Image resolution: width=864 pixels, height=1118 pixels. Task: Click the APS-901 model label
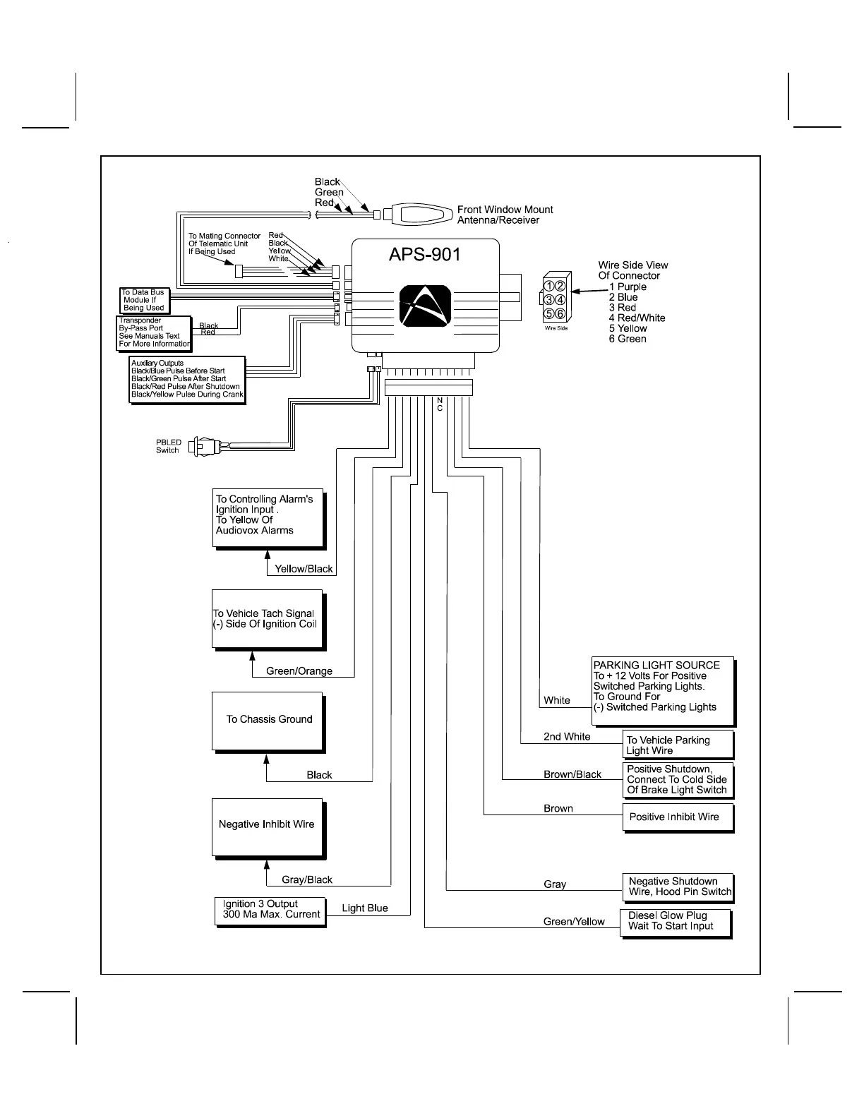tap(425, 254)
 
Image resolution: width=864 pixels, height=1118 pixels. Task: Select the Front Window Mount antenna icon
tap(421, 214)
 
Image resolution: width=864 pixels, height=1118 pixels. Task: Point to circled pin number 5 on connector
tap(549, 313)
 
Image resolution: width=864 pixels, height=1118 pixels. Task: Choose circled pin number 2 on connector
tap(560, 286)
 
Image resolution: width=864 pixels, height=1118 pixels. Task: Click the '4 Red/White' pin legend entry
tap(637, 318)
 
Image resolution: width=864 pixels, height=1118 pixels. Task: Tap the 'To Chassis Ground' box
tap(268, 720)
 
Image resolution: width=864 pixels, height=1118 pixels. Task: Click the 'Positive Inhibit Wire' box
tap(677, 817)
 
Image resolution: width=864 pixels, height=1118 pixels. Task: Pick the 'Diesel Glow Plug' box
tap(675, 922)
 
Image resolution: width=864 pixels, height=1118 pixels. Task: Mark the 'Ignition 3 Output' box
tap(270, 910)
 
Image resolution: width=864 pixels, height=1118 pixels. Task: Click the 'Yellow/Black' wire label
tap(304, 569)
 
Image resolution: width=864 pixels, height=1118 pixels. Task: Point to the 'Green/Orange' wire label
tap(299, 671)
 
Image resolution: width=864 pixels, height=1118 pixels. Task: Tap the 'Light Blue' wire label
tap(365, 908)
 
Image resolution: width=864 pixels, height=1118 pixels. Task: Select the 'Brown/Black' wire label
tap(572, 775)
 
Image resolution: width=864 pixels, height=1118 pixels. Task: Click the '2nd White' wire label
tap(567, 737)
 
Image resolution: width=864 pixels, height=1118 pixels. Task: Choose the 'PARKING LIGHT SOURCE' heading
tap(656, 666)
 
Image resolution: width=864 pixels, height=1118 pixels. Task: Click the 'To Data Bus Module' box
tap(144, 300)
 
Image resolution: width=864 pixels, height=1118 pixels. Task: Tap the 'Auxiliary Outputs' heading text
tap(157, 363)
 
